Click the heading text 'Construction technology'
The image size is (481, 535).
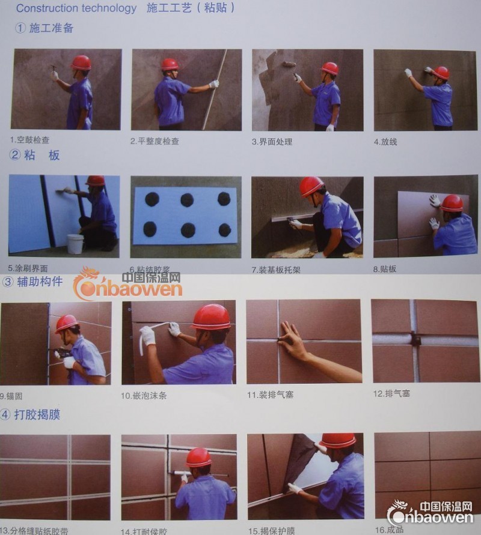click(76, 8)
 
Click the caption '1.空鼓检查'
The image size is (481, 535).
click(29, 140)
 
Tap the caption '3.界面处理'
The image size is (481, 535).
click(272, 142)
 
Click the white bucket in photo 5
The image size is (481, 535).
click(75, 243)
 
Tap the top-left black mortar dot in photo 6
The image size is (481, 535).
click(152, 199)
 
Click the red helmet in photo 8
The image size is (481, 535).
click(452, 202)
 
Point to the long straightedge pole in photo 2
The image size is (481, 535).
click(215, 90)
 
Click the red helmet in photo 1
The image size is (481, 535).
click(81, 62)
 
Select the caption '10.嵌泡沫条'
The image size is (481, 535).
click(144, 396)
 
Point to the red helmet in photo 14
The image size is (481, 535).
click(198, 458)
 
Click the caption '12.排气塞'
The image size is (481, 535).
click(391, 393)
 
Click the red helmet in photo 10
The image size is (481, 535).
click(212, 316)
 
